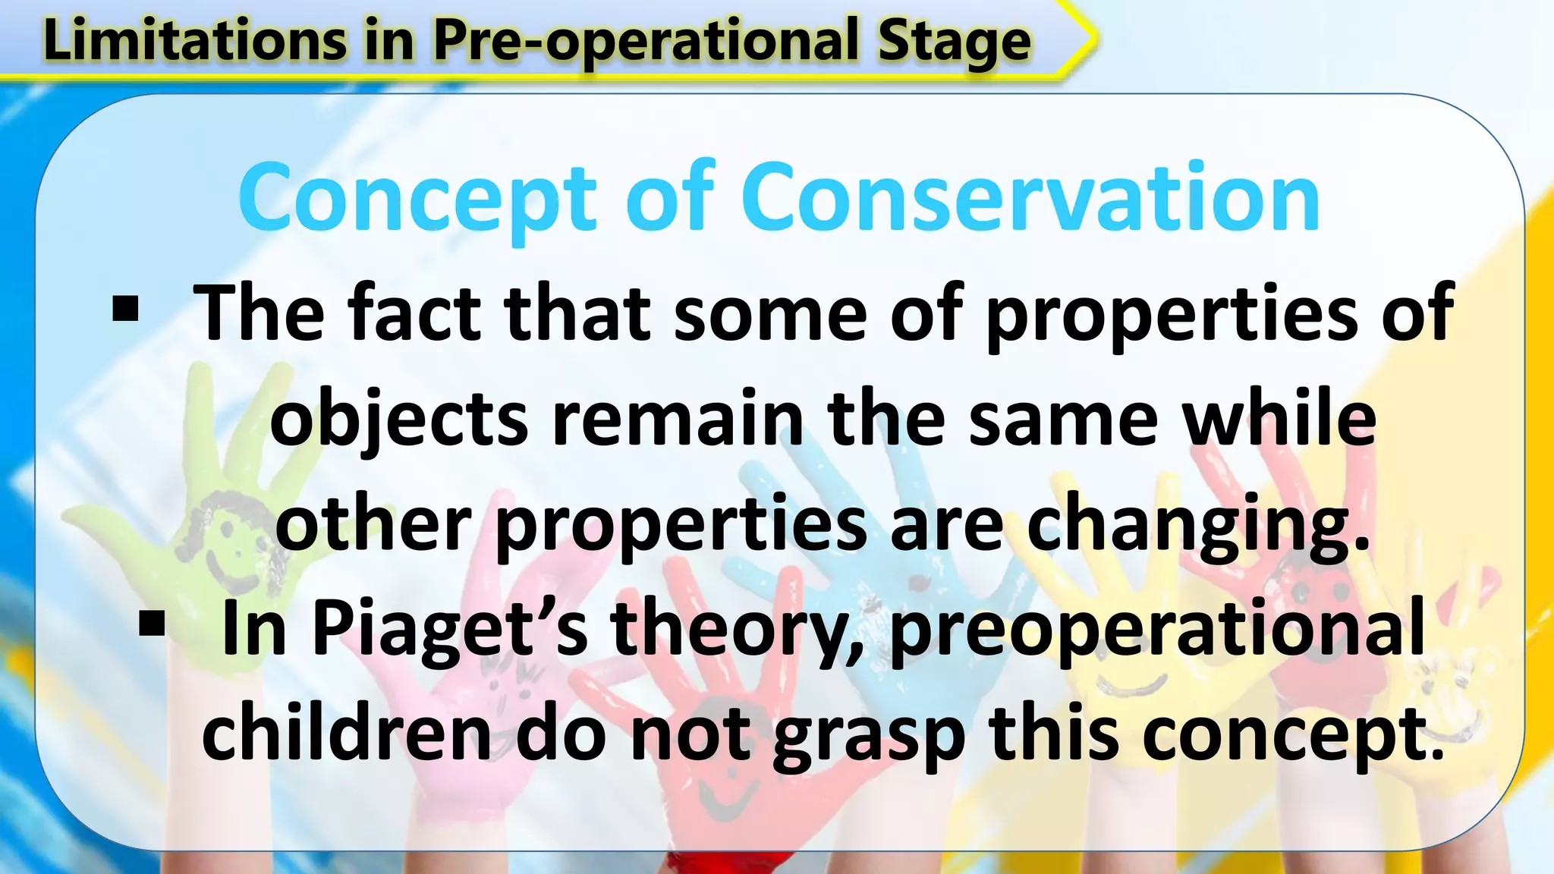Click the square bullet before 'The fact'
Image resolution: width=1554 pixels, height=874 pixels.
(x=125, y=310)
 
